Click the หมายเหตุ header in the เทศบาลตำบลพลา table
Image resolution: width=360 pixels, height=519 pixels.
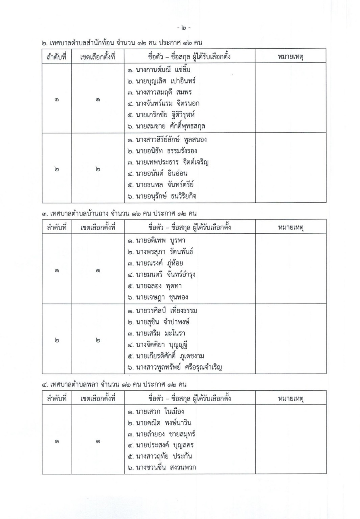click(290, 398)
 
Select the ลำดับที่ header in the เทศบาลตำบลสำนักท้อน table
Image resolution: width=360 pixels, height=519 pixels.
click(57, 57)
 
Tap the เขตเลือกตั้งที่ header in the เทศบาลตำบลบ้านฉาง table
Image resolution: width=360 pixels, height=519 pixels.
click(98, 227)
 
